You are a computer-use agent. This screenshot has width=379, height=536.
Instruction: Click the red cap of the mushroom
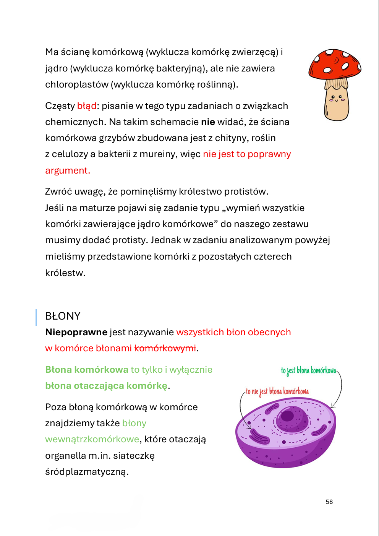coord(335,63)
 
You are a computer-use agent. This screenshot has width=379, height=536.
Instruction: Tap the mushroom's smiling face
coord(336,99)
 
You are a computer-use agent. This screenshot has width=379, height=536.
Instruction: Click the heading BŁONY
coord(63,316)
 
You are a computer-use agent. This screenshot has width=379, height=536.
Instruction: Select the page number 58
coord(329,502)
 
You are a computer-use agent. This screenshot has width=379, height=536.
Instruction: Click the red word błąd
coord(87,106)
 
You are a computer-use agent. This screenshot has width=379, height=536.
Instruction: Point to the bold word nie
coord(208,122)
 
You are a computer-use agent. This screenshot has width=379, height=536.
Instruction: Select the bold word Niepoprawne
coord(76,332)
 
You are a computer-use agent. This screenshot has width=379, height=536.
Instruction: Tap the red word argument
coord(67,171)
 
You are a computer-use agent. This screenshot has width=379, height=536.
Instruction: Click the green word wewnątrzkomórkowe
coord(92,439)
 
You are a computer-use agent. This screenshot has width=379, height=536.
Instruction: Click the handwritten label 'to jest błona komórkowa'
coord(308,370)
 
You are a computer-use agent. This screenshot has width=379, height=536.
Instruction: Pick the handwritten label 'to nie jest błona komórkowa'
coord(277,391)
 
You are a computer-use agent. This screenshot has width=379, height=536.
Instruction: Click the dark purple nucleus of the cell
coord(292,419)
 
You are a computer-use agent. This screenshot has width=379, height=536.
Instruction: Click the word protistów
coord(246,192)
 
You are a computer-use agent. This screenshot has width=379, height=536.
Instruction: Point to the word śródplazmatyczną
coord(86,472)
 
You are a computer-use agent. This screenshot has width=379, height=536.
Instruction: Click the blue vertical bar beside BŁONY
coord(36,317)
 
